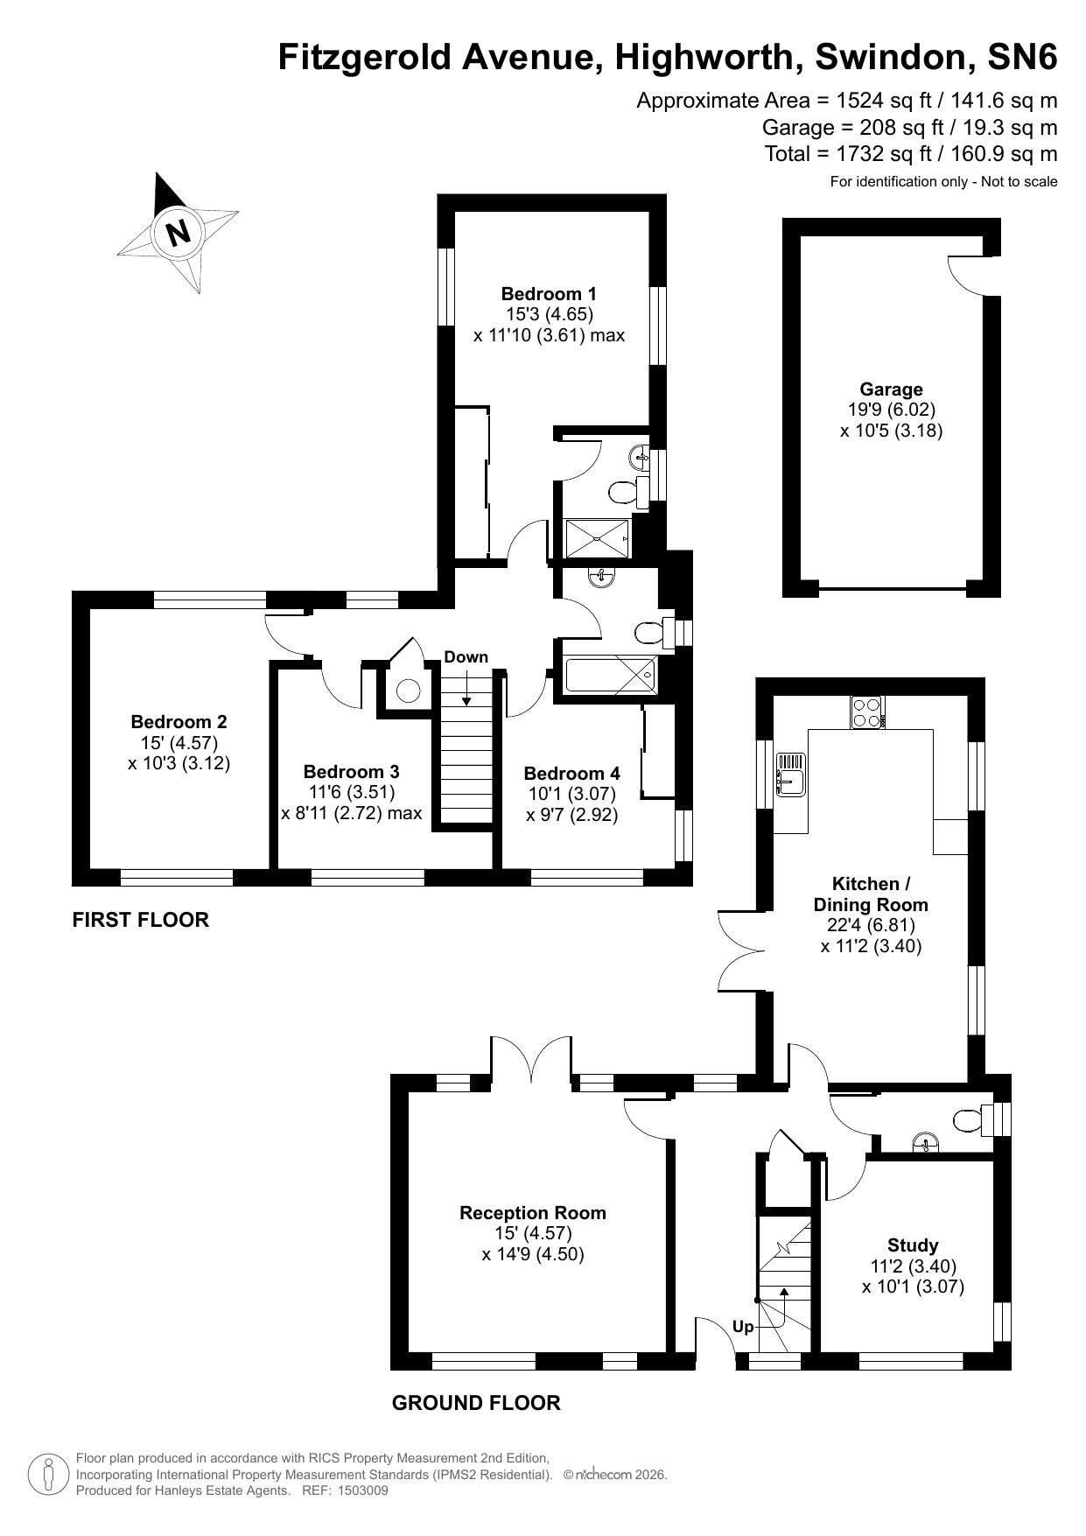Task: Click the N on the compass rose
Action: point(179,233)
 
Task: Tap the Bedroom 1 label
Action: point(549,294)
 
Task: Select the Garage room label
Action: point(891,389)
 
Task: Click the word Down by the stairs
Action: point(466,657)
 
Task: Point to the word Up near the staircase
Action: point(743,1327)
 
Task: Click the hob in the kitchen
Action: point(867,712)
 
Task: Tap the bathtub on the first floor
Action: point(611,674)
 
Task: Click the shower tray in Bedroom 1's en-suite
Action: point(597,537)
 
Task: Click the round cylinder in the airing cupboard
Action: point(409,691)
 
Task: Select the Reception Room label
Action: point(533,1213)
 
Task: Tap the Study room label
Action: point(913,1245)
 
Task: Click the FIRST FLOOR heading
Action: point(141,920)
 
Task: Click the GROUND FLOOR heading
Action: point(476,1403)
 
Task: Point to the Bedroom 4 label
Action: point(572,774)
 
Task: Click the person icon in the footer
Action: point(50,1475)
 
